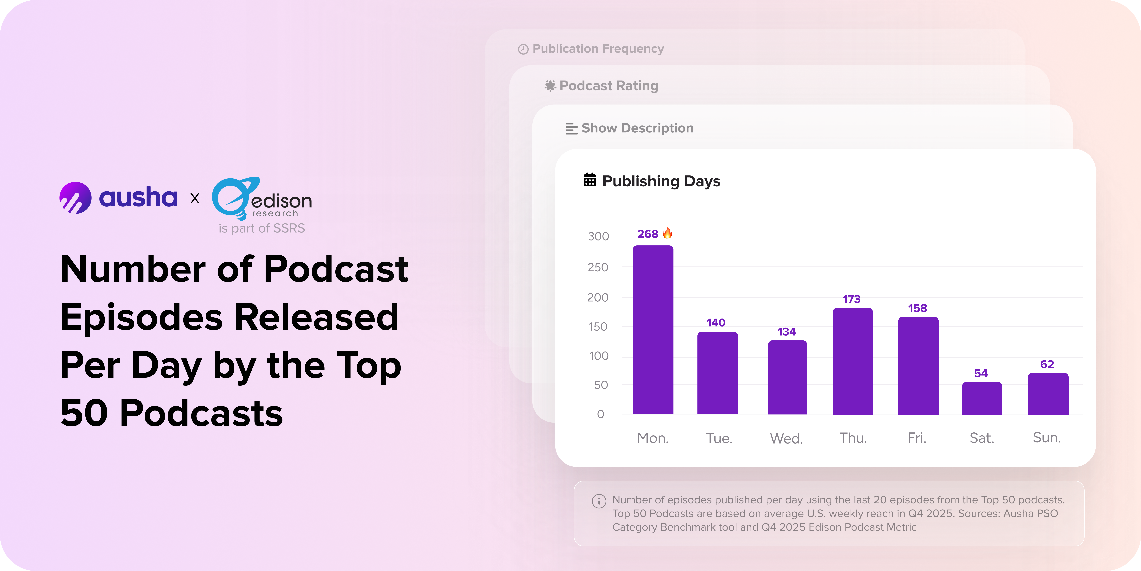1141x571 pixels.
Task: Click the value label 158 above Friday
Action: [x=917, y=308]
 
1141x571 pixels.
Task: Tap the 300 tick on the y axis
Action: [x=598, y=236]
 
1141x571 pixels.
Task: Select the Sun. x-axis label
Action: [x=1047, y=438]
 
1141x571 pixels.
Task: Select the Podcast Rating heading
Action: [x=609, y=86]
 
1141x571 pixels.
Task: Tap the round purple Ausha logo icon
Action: [x=75, y=198]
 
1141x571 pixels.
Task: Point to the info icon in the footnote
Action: [x=599, y=501]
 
